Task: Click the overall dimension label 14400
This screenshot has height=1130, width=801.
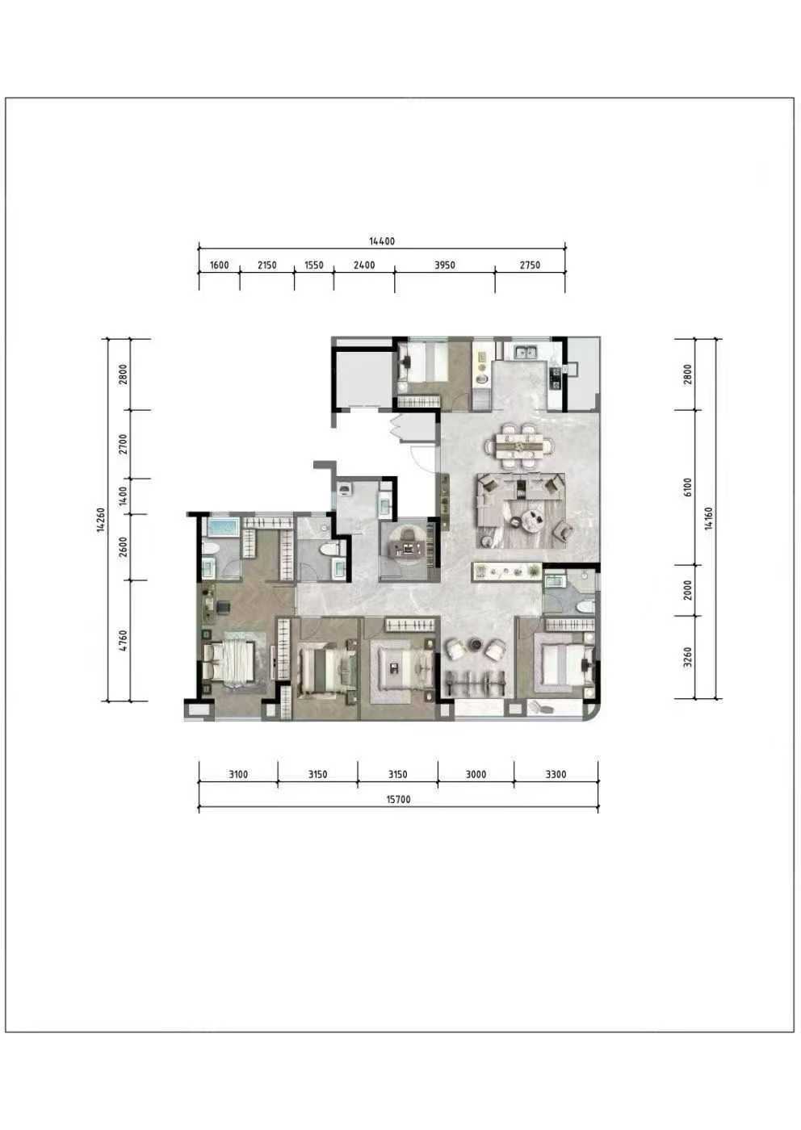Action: click(382, 241)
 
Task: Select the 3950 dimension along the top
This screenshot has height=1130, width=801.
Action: click(445, 265)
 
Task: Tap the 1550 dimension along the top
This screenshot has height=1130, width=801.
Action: click(313, 265)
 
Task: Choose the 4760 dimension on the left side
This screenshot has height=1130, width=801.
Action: click(124, 640)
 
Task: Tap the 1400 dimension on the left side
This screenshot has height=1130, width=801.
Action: click(124, 496)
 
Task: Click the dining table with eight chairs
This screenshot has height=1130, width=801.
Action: click(519, 446)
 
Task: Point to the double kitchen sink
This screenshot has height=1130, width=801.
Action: click(526, 352)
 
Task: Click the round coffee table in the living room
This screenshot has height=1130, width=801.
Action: click(532, 520)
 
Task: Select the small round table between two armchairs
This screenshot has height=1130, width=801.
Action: click(476, 643)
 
